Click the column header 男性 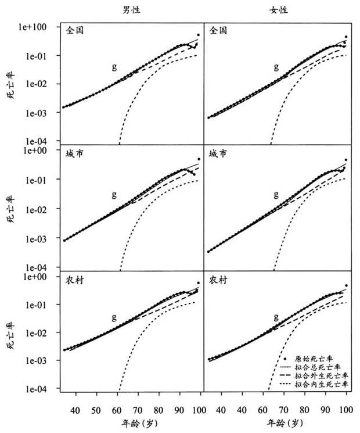pos(132,10)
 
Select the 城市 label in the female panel pos(218,154)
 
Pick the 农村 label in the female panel pos(218,280)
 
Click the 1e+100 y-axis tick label pos(39,27)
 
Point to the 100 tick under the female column pos(347,410)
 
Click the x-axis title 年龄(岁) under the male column pos(132,423)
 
